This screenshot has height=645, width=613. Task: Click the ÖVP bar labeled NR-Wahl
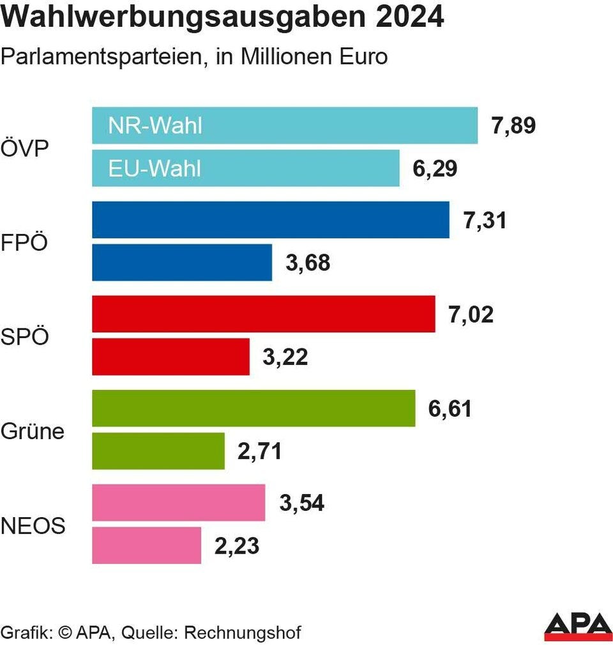click(285, 125)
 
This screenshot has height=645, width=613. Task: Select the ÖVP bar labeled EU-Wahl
click(246, 168)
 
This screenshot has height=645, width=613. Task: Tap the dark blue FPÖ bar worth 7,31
click(270, 220)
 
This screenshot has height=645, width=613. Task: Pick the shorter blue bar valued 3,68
click(182, 262)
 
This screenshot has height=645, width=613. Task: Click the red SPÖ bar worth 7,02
click(263, 314)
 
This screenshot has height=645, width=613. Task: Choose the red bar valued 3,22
click(170, 357)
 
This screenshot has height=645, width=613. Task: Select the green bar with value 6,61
click(254, 408)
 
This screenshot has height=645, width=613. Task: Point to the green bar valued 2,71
click(158, 451)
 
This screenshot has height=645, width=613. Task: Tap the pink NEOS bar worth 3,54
click(178, 502)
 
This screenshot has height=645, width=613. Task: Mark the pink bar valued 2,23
click(146, 545)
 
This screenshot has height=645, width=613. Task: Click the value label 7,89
click(513, 126)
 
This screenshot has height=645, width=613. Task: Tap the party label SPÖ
click(25, 336)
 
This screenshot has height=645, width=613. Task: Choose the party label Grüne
click(33, 431)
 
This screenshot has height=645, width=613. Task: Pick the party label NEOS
click(33, 526)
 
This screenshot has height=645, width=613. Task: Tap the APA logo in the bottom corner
click(578, 626)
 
